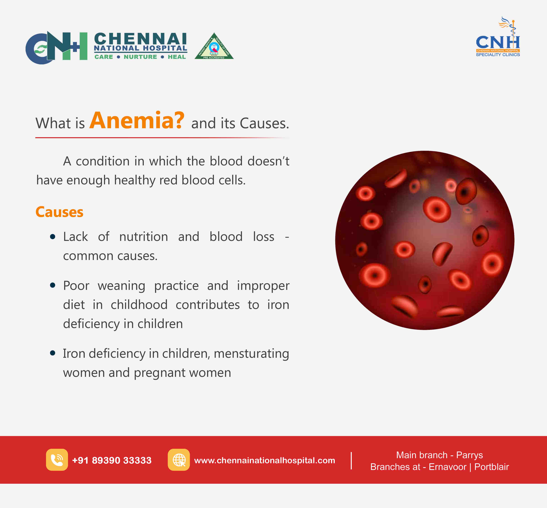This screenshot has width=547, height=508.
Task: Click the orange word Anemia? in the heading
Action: [x=137, y=121]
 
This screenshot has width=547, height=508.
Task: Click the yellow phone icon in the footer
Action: [x=57, y=460]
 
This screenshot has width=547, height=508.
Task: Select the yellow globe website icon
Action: [x=179, y=460]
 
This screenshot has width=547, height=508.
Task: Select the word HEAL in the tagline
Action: [x=177, y=57]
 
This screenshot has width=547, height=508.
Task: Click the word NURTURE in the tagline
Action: [x=140, y=57]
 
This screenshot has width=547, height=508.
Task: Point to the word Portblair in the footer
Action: [x=491, y=467]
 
